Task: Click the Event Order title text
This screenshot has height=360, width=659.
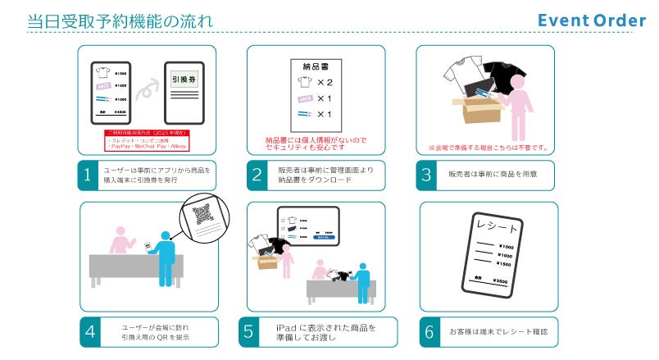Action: (591, 21)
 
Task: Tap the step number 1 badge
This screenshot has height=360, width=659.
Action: (89, 174)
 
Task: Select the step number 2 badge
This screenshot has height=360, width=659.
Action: (257, 174)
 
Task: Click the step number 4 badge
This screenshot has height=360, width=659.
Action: (90, 333)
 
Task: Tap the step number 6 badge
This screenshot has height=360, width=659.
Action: (429, 333)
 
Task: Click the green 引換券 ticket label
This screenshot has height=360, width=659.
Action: (184, 80)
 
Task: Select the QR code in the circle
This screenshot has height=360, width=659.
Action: (202, 216)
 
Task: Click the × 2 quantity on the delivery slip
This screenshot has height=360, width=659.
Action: (323, 83)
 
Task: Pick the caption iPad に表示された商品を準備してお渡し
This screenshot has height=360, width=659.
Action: (325, 333)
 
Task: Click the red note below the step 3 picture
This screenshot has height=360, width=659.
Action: (488, 148)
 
